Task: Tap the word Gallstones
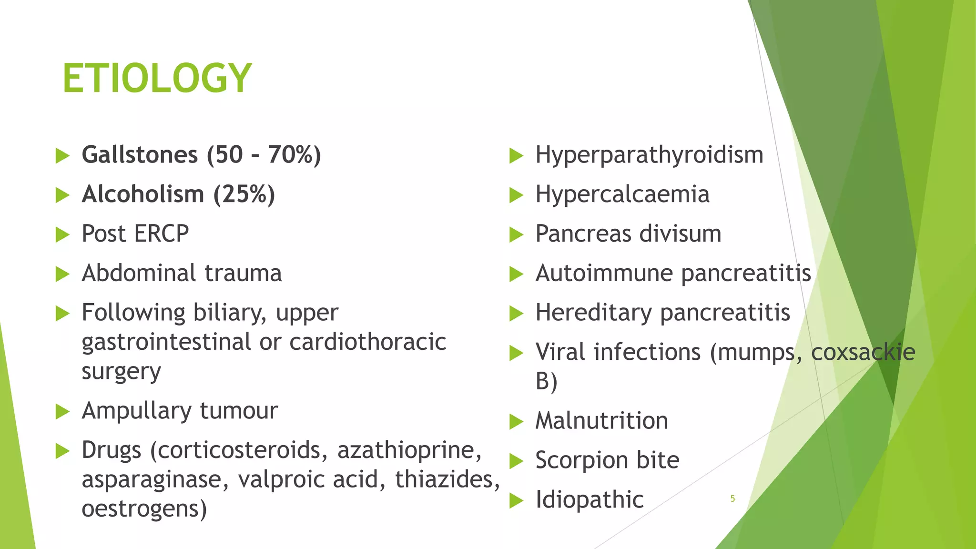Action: pos(140,155)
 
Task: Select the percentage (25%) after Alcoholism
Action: pos(244,194)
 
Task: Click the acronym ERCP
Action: pos(162,234)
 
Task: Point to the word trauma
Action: pos(243,274)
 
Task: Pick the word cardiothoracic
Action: pos(367,342)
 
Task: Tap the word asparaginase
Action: pos(155,480)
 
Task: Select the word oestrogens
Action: pos(144,509)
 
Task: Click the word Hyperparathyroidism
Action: pos(649,155)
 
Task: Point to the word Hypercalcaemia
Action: pos(622,194)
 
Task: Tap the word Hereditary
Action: pos(593,313)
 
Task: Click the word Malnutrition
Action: pos(601,421)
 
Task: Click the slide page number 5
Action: pos(732,498)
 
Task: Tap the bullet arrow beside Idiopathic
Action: pos(516,500)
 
